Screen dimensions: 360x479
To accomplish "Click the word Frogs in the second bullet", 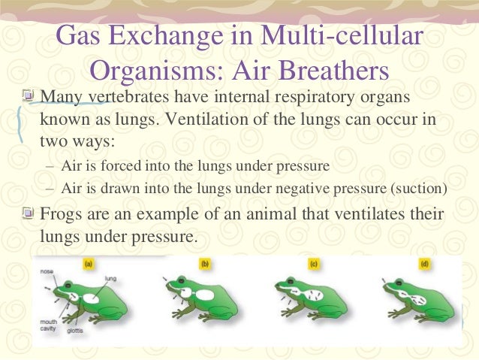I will [67, 214].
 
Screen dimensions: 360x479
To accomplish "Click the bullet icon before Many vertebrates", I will [28, 97].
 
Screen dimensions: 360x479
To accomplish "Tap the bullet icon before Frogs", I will [28, 213].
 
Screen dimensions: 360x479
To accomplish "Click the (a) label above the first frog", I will [88, 264].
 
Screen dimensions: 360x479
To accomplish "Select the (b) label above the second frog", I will [204, 264].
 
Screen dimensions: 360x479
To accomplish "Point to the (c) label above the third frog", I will [315, 264].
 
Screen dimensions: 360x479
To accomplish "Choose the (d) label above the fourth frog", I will [423, 264].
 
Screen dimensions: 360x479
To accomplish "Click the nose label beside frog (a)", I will [47, 266].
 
